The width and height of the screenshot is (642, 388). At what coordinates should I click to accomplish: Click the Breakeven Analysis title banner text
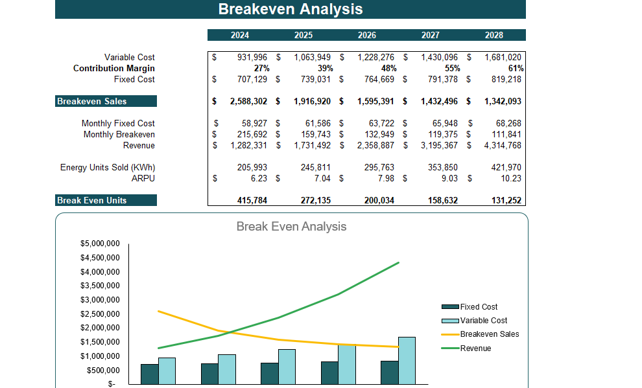(290, 9)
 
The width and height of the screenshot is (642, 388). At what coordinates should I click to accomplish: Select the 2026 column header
(366, 35)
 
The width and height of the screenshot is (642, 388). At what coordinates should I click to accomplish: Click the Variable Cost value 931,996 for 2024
(248, 58)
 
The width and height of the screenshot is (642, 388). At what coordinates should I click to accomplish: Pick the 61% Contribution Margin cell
(516, 68)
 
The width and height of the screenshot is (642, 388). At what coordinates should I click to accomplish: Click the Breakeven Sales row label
(92, 101)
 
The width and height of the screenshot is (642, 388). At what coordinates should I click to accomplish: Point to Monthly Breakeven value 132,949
(376, 134)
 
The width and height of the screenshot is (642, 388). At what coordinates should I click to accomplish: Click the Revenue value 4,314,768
(503, 145)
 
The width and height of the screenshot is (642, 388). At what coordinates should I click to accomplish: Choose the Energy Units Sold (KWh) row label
(108, 167)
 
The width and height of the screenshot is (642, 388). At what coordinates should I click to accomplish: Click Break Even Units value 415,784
(248, 200)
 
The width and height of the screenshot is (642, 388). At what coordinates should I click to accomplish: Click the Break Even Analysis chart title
(291, 227)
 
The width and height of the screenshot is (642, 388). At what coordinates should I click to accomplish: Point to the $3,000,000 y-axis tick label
(100, 300)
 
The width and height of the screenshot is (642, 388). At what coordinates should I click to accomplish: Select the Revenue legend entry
(475, 348)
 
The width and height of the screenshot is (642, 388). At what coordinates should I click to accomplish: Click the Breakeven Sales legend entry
(489, 334)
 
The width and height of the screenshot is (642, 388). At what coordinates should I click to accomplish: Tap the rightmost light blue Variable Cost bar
(406, 360)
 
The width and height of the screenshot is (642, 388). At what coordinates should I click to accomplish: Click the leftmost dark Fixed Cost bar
(150, 374)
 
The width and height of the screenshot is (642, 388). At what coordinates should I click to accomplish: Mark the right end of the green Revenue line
(398, 262)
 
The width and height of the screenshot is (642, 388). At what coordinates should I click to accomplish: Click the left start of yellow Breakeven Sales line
(159, 311)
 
